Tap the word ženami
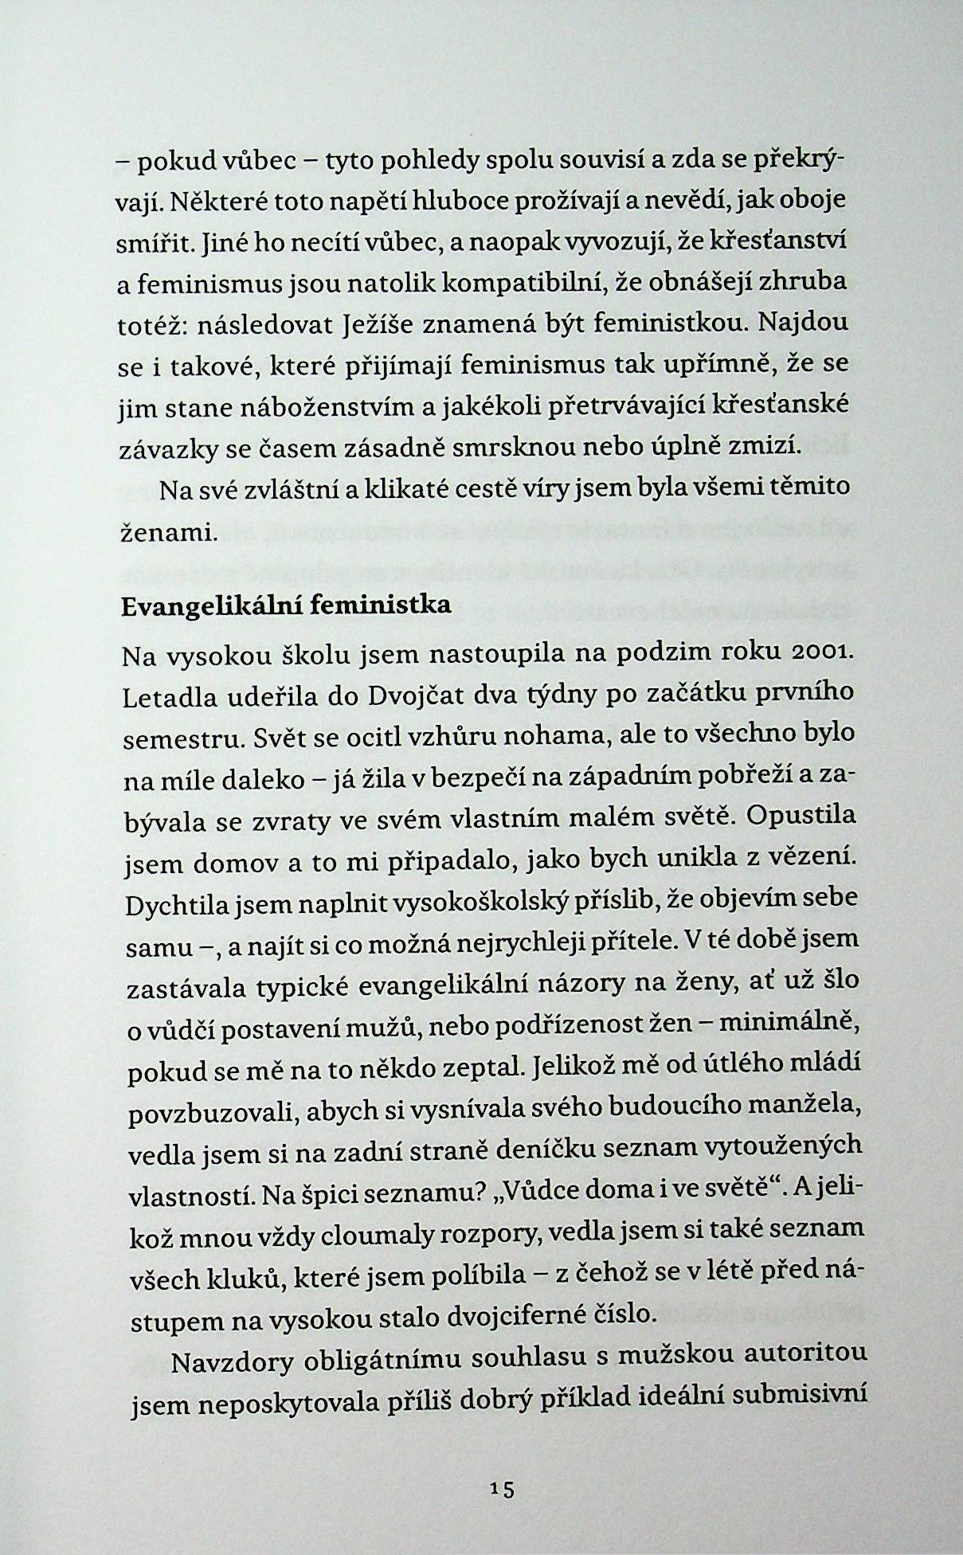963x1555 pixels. (x=169, y=531)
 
